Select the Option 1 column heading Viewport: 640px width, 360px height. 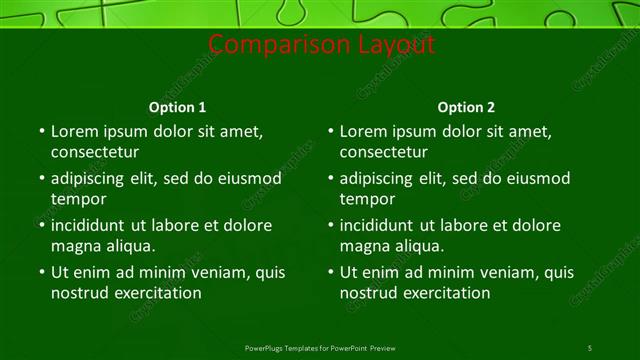coord(178,107)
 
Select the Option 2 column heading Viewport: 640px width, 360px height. coord(466,107)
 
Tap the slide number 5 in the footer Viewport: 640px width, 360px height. coord(590,348)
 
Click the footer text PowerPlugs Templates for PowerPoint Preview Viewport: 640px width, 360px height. coord(320,348)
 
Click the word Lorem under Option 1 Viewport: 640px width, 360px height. coord(76,131)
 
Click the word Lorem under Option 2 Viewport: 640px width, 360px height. coord(365,131)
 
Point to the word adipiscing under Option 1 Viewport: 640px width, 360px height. coord(92,178)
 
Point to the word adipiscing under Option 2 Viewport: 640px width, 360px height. coord(381,178)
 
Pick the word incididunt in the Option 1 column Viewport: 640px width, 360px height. coord(93,225)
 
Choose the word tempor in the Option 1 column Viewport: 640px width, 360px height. coord(76,199)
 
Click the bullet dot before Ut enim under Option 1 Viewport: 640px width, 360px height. coord(41,272)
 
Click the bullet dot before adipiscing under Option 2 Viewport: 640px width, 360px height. coord(330,178)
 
